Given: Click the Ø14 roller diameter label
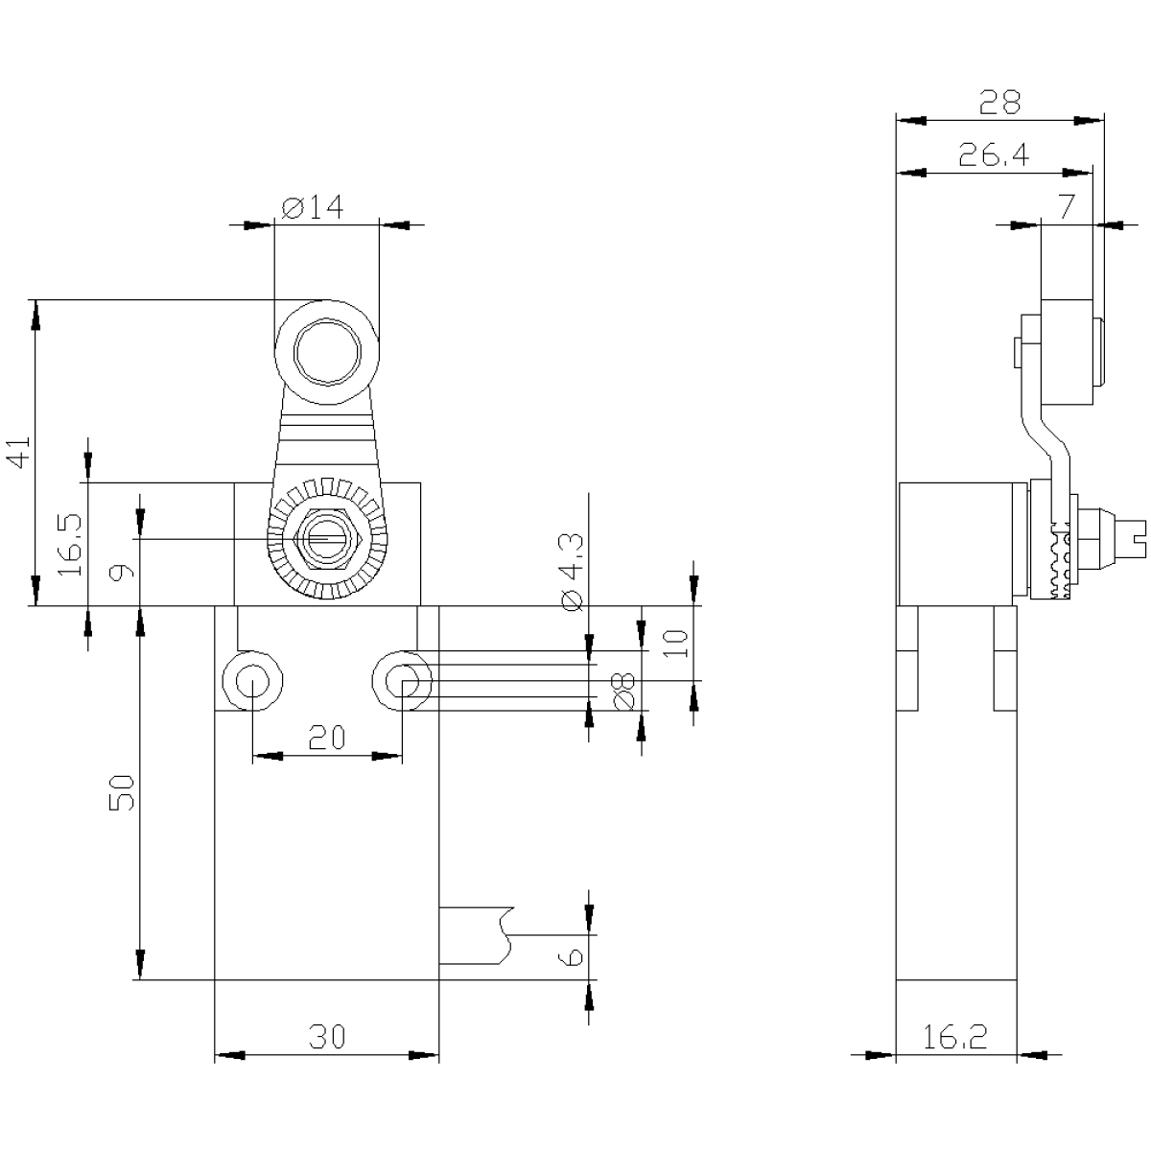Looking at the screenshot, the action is [313, 207].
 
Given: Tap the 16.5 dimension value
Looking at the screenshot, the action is [70, 544].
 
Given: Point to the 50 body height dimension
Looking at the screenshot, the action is [121, 792].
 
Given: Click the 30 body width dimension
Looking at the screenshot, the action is [327, 1036].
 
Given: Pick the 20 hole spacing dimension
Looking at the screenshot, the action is [327, 737].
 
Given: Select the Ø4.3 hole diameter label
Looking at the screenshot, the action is [573, 573].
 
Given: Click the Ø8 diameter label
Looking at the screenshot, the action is [623, 693].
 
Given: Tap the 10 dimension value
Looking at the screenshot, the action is [676, 644].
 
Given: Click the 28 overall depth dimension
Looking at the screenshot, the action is [999, 102].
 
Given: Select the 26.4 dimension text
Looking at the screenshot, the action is [994, 154].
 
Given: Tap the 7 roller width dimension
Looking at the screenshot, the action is [1067, 207].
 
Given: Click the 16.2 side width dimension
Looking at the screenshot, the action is [954, 1036].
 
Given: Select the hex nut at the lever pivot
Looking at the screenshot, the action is [327, 539].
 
